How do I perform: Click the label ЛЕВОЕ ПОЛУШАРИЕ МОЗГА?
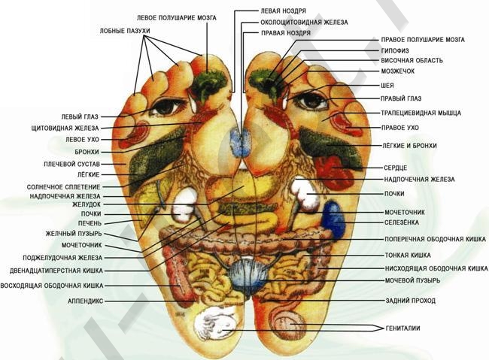177,17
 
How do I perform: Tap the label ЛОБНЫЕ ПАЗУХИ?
125,31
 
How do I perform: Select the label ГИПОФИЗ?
395,50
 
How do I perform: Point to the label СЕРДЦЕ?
396,168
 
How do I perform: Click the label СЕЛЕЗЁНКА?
402,222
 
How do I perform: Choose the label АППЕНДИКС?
85,301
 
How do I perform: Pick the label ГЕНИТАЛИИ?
403,328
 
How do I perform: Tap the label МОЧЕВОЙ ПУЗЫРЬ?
412,280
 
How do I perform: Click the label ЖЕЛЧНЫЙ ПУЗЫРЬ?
74,234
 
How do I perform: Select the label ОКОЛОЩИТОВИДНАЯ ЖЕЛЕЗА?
304,23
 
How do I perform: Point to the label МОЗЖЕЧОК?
398,71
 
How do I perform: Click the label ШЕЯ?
387,86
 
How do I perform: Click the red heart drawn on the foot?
334,172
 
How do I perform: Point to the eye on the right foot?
311,101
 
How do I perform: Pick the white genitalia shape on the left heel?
214,325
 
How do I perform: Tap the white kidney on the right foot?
305,194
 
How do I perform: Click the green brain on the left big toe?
208,83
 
